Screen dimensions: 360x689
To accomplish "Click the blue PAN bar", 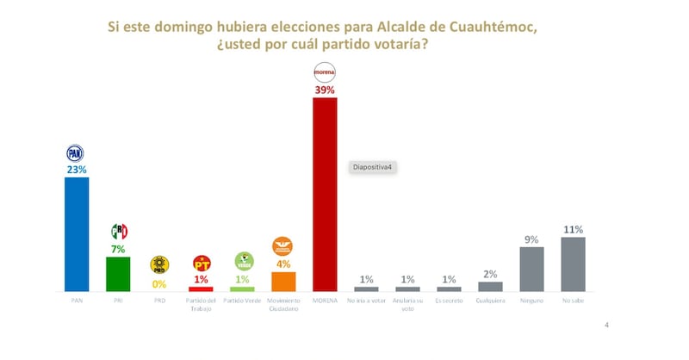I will click(77, 233).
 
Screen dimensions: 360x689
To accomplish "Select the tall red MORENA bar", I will click(325, 194).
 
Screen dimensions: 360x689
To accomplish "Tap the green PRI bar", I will click(118, 273).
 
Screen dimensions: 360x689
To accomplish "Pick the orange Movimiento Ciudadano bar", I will click(283, 281).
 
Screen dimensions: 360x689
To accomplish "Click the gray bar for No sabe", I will click(573, 264).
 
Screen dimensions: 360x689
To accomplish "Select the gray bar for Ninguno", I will click(531, 269).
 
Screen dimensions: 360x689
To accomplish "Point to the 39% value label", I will click(325, 89).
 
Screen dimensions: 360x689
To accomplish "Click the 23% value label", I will click(77, 170).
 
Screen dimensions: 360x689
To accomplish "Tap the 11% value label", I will click(573, 229).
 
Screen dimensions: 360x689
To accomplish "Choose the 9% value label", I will click(531, 239).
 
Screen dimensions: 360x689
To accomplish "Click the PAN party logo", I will click(77, 153).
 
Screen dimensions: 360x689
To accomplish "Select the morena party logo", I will click(325, 71).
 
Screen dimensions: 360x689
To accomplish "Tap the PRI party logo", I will click(119, 231).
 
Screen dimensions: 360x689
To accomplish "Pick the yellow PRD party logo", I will click(159, 264).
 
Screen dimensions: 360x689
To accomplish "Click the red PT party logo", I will click(201, 263).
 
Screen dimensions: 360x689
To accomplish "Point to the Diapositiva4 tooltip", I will click(372, 167).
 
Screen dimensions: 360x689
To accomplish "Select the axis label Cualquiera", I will click(490, 301).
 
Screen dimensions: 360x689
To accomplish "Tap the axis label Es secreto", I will click(449, 301).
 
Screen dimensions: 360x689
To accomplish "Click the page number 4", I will click(607, 325).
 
